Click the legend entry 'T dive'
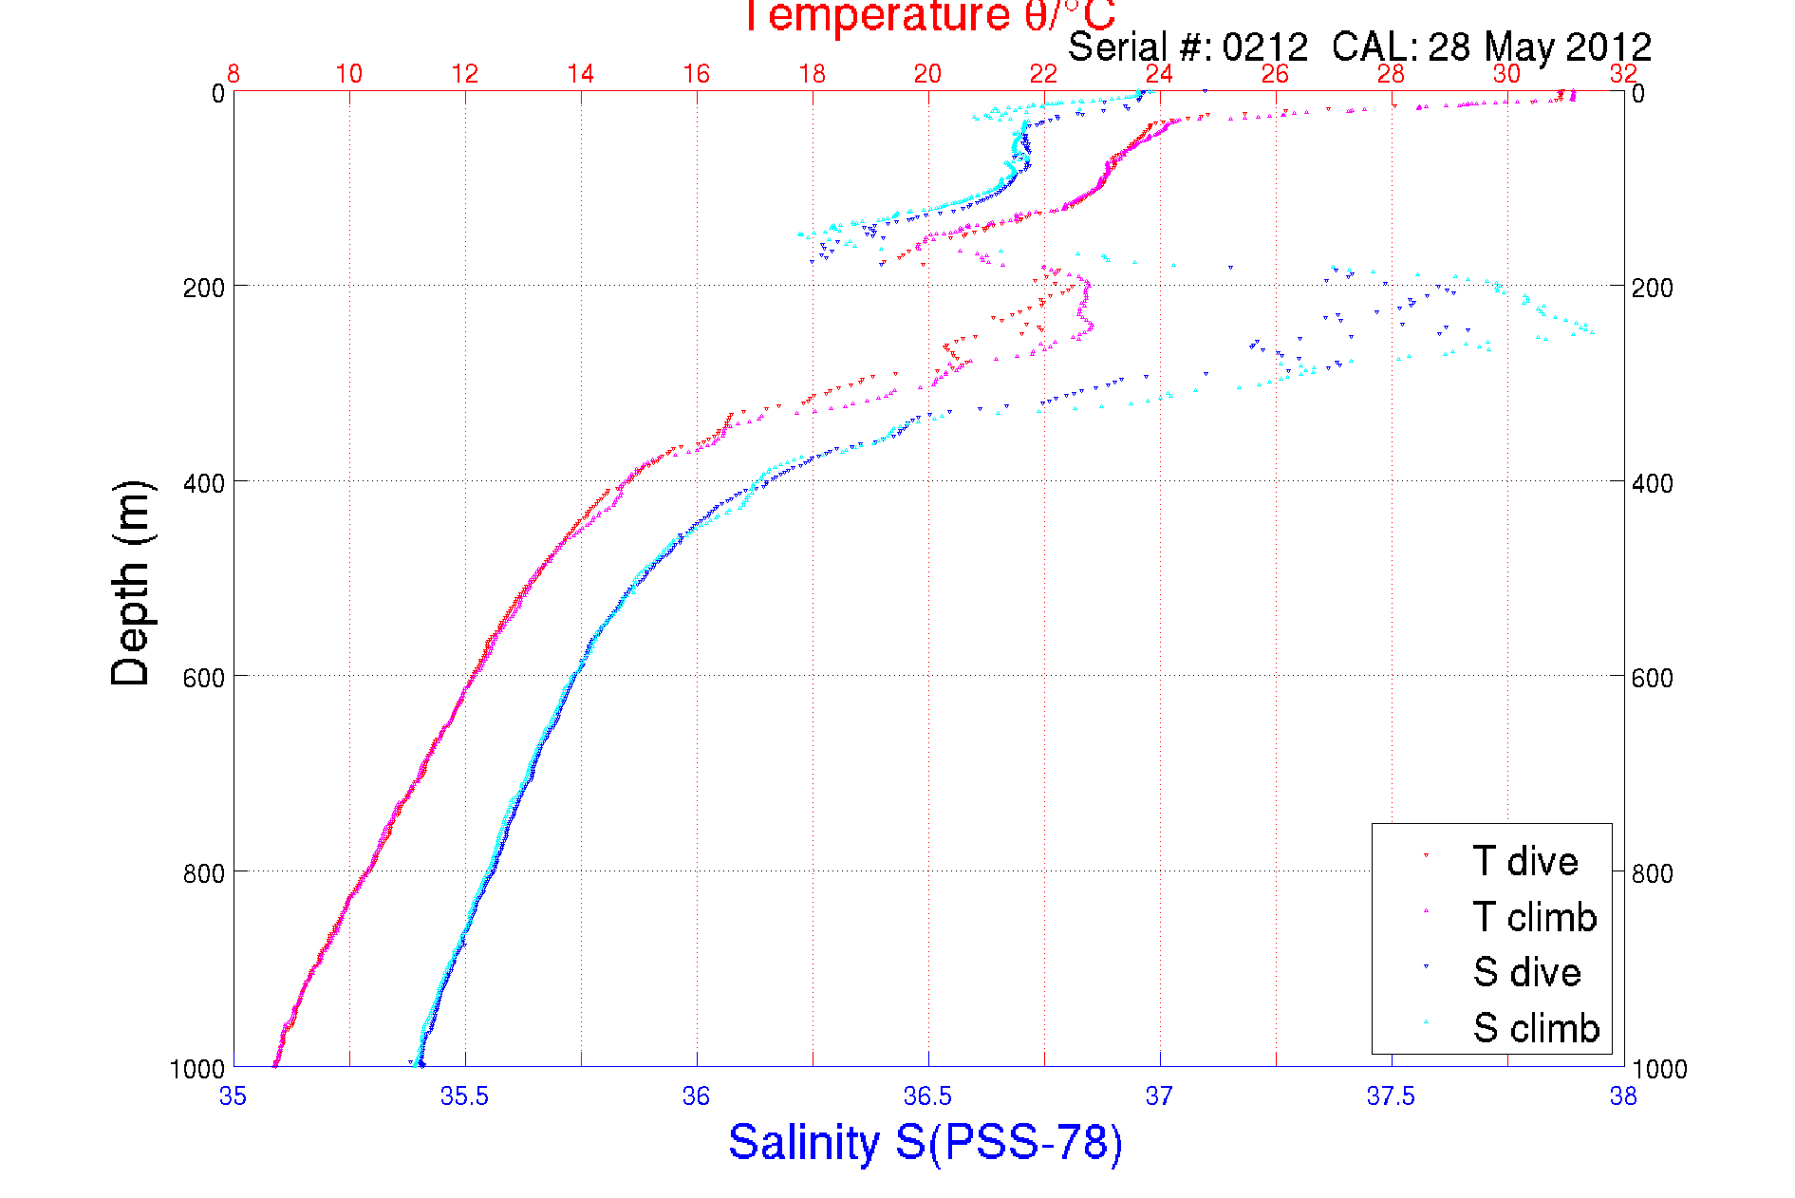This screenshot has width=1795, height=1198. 1524,861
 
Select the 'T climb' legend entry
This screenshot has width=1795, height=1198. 1534,917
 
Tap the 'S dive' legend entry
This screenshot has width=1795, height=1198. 1526,972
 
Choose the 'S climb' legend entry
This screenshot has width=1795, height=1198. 1536,1028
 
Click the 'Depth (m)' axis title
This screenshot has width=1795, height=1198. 131,584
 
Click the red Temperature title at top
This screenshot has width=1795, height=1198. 927,16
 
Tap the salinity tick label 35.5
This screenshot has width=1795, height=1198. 464,1096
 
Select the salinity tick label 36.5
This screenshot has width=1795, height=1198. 927,1096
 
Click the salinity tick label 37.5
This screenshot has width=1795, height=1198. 1391,1096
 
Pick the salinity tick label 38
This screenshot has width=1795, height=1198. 1623,1096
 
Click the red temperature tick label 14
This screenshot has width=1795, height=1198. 580,74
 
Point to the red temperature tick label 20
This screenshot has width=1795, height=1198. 927,74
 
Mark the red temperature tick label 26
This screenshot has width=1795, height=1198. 1275,74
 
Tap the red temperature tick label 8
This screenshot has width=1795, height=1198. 233,74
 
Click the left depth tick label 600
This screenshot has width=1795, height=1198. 203,678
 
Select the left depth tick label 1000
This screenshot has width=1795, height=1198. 197,1069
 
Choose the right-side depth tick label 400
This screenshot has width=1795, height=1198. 1652,483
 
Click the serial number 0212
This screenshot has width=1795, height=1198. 1264,47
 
